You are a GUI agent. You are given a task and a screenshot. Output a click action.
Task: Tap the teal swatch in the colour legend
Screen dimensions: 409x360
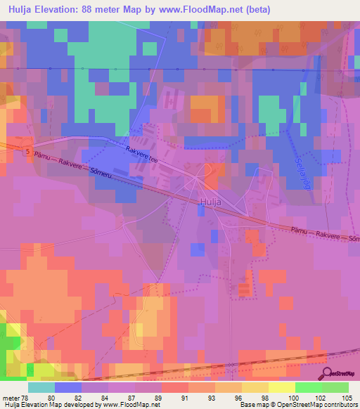(41, 387)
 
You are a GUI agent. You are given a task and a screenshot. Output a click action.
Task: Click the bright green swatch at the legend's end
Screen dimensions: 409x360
(335, 387)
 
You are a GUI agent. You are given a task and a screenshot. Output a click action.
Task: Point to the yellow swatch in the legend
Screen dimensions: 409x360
(281, 387)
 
